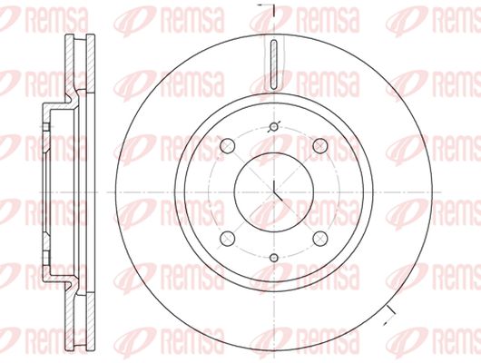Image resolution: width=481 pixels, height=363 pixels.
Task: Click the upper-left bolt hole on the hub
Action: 228,146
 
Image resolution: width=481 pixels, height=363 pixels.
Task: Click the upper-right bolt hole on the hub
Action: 320,146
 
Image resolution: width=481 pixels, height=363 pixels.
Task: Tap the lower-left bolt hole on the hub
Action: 228,239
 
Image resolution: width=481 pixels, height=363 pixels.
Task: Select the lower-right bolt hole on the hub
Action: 320,239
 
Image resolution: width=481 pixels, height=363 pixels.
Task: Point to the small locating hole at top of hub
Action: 274,126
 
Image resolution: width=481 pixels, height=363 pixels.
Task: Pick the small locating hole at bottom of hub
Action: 274,258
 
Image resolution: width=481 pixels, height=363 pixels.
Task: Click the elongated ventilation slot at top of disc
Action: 274,64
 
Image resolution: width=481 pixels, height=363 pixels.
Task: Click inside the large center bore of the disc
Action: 274,192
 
